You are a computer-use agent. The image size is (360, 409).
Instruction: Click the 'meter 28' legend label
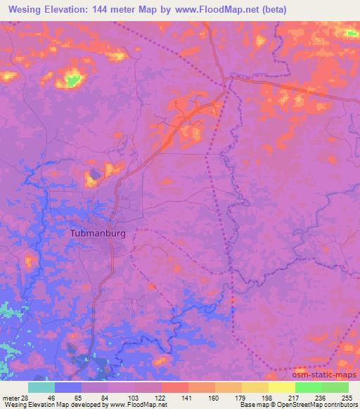13,397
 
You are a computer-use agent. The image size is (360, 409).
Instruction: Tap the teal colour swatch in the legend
41,387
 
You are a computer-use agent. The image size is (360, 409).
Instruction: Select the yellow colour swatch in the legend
281,387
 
